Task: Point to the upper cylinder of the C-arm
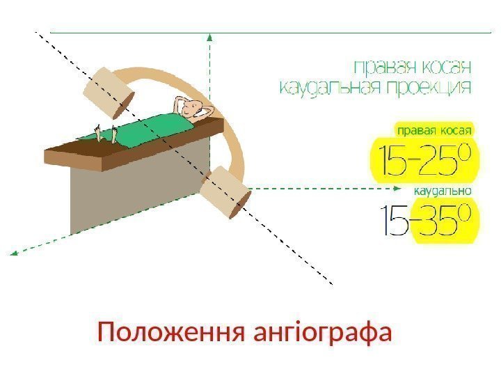click(x=108, y=92)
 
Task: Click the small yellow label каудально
click(x=443, y=190)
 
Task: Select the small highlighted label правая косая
click(x=434, y=130)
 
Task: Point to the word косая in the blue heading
click(x=445, y=67)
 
